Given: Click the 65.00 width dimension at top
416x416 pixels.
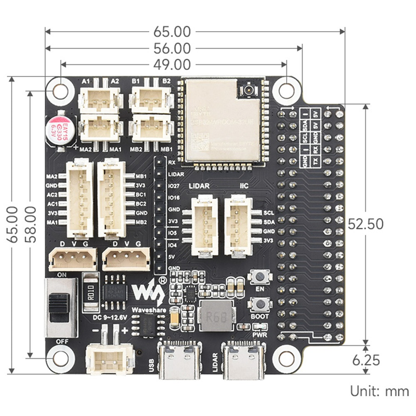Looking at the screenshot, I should pyautogui.click(x=172, y=31).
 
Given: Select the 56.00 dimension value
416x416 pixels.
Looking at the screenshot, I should pyautogui.click(x=172, y=48).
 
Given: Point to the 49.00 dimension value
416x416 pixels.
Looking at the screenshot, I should pyautogui.click(x=172, y=65).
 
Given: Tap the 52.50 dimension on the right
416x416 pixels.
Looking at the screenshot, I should pyautogui.click(x=366, y=224).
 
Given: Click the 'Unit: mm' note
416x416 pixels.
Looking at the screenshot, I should pyautogui.click(x=380, y=391).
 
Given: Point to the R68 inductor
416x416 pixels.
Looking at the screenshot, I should pyautogui.click(x=216, y=317).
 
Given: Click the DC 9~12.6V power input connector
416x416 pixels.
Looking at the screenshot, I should pyautogui.click(x=109, y=359).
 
